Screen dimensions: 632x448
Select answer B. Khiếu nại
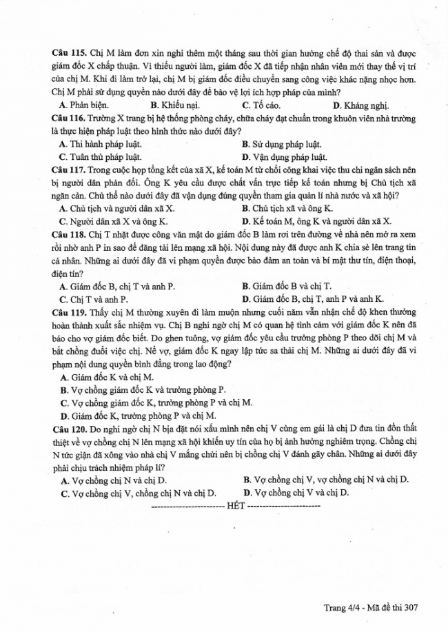(x=174, y=105)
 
